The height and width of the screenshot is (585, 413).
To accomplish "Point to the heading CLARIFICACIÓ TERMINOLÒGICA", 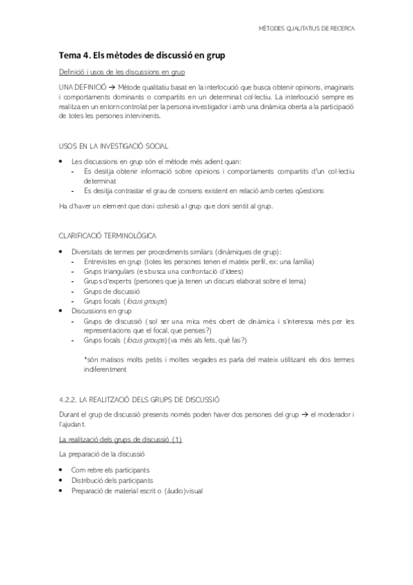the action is coord(107,235).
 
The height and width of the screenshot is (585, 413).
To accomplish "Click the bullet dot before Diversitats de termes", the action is coord(62,252).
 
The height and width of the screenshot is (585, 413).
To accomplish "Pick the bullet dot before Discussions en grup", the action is coord(62,311).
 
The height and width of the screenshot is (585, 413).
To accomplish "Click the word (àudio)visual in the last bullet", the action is coord(183,490).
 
